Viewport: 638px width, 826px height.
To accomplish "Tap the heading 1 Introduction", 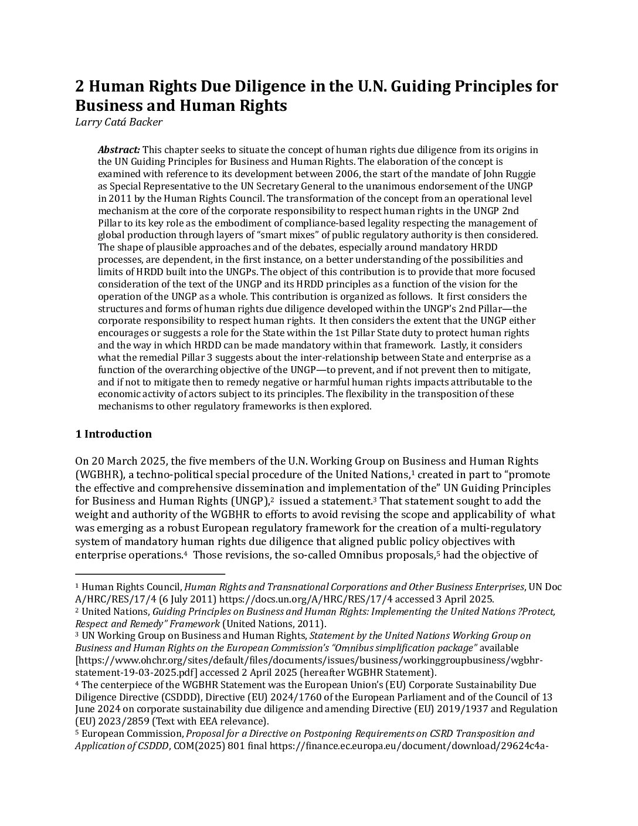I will [113, 434].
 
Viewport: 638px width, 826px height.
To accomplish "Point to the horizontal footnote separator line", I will [150, 574].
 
